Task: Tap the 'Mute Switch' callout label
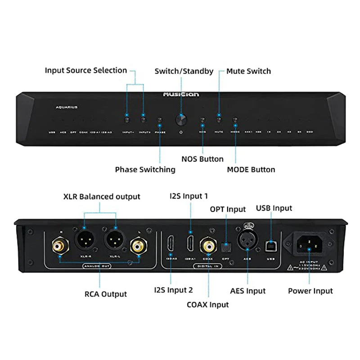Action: pos(248,71)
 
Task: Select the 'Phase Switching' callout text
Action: pos(145,170)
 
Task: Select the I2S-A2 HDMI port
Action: pos(171,244)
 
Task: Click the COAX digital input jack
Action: pos(208,245)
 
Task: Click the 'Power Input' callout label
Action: pos(310,291)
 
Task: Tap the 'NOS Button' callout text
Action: pos(202,159)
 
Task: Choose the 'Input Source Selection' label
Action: pos(86,70)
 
